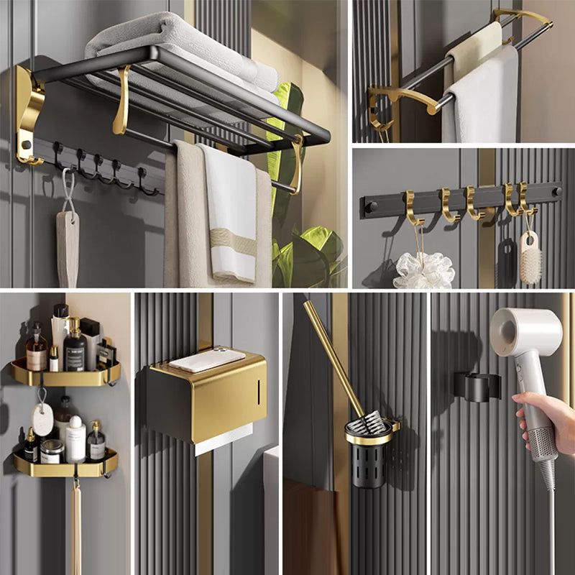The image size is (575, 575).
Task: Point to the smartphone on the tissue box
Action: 207,360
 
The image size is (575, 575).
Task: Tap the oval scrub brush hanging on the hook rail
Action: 530,257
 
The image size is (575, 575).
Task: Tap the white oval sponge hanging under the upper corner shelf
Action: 42,419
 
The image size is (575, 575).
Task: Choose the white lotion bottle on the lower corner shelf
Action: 75,439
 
